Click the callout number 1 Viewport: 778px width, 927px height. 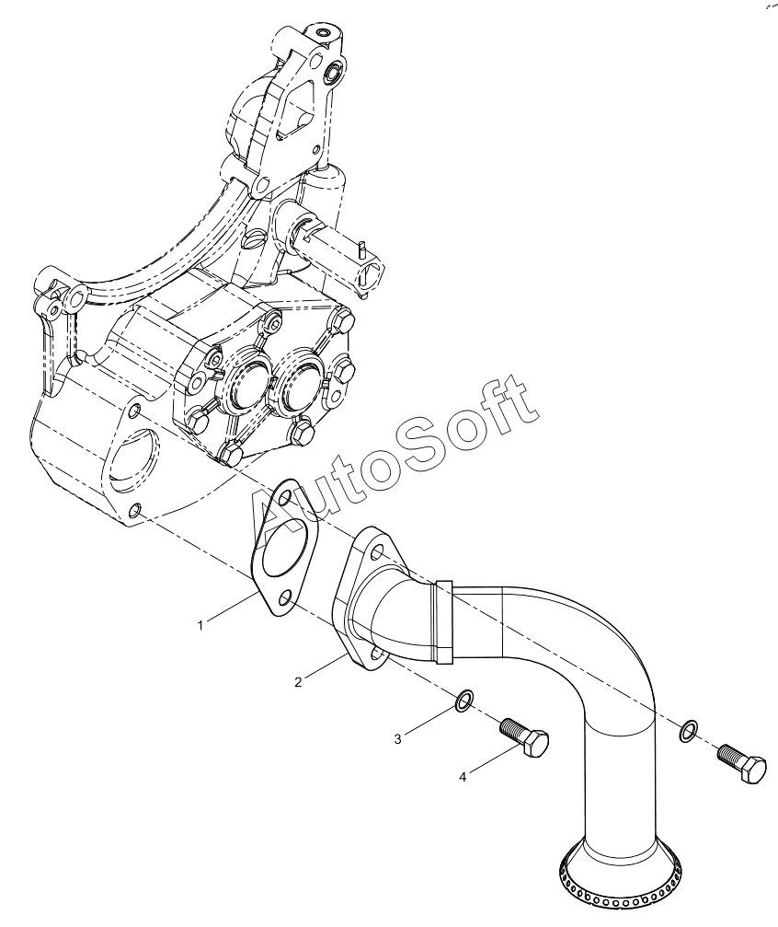[x=200, y=625]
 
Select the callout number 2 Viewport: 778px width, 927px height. [x=298, y=682]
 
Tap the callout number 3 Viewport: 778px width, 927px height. [x=398, y=739]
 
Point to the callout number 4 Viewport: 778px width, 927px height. [x=463, y=777]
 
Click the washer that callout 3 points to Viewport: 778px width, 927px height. [x=464, y=700]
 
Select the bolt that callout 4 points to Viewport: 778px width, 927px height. [x=524, y=736]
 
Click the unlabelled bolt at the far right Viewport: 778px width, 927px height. [x=742, y=763]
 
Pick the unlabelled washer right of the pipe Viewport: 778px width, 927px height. [x=687, y=731]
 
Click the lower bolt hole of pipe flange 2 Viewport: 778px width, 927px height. [x=375, y=655]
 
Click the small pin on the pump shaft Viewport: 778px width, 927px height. [x=360, y=249]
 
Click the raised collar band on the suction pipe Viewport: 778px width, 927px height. [x=443, y=622]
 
